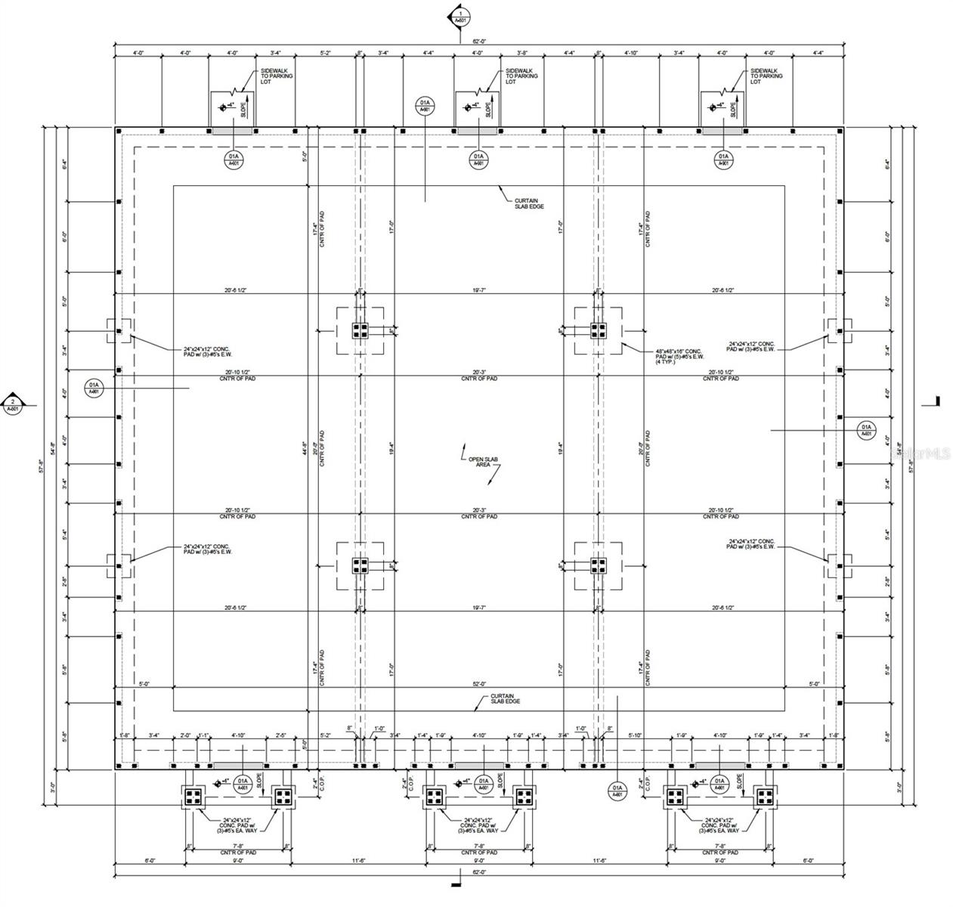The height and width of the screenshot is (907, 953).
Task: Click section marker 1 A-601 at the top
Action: coord(460,15)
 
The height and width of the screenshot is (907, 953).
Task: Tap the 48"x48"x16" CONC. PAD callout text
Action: coord(678,355)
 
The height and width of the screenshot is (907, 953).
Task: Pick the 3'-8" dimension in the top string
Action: coord(522,53)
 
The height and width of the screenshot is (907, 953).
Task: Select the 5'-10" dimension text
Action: coord(634,735)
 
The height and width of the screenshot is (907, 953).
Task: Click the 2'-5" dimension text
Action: coord(281,735)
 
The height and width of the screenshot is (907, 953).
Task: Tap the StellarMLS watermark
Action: coord(921,453)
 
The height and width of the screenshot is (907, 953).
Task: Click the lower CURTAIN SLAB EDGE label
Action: coord(504,698)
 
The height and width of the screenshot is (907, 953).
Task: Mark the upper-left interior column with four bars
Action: coord(360,330)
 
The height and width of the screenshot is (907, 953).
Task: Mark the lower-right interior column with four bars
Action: coord(599,565)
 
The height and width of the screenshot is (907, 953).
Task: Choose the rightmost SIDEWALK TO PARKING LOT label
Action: coord(766,76)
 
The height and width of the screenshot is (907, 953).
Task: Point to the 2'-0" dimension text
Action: coord(185,735)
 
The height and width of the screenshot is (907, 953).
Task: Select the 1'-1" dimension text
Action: coord(203,735)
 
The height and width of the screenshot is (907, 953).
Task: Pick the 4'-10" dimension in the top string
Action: coord(632,53)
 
